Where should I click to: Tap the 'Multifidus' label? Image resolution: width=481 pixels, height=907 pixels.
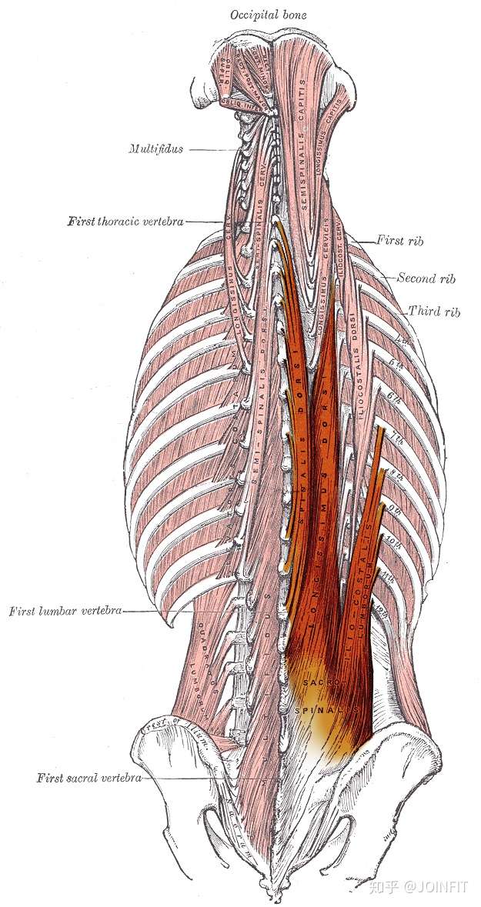click(x=155, y=149)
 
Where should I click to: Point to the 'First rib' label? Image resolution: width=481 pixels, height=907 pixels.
click(x=400, y=241)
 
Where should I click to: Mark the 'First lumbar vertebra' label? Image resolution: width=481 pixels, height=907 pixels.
click(x=65, y=612)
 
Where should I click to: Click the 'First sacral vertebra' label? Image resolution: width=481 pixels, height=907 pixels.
click(x=89, y=778)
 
